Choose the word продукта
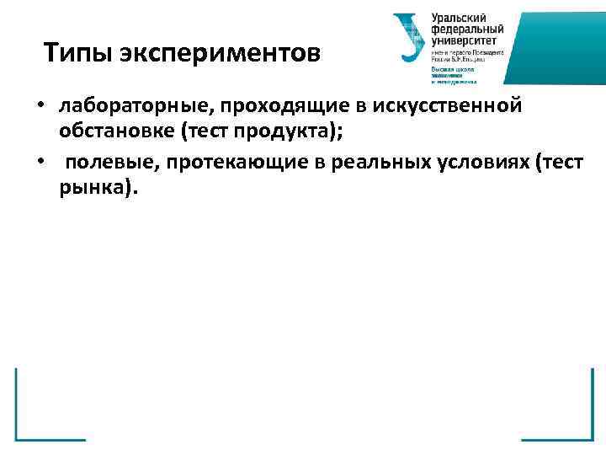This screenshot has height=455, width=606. (268, 133)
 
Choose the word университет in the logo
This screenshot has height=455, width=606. (465, 40)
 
